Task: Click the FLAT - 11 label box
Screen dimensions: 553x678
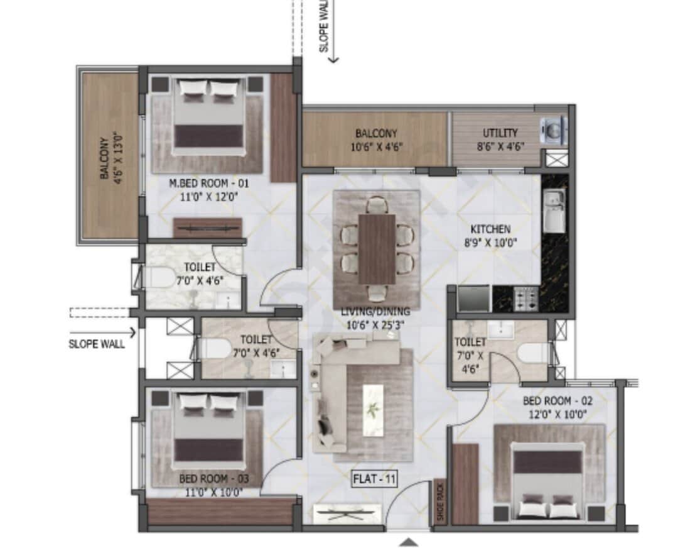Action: (x=374, y=480)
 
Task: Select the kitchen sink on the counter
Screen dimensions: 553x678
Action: (x=554, y=211)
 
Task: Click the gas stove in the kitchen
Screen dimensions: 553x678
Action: (x=525, y=298)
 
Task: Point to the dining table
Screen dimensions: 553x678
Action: (x=377, y=248)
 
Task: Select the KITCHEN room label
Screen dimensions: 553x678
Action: (x=490, y=229)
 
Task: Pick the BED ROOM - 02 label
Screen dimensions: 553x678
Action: (x=557, y=400)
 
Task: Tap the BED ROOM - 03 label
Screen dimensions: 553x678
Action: (x=214, y=479)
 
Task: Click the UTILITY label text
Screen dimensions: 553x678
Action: (x=500, y=133)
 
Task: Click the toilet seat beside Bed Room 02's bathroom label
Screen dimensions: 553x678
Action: (x=534, y=353)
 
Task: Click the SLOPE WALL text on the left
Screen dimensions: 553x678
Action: (x=97, y=344)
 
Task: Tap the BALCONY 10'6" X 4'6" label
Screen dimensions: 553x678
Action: (x=376, y=139)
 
